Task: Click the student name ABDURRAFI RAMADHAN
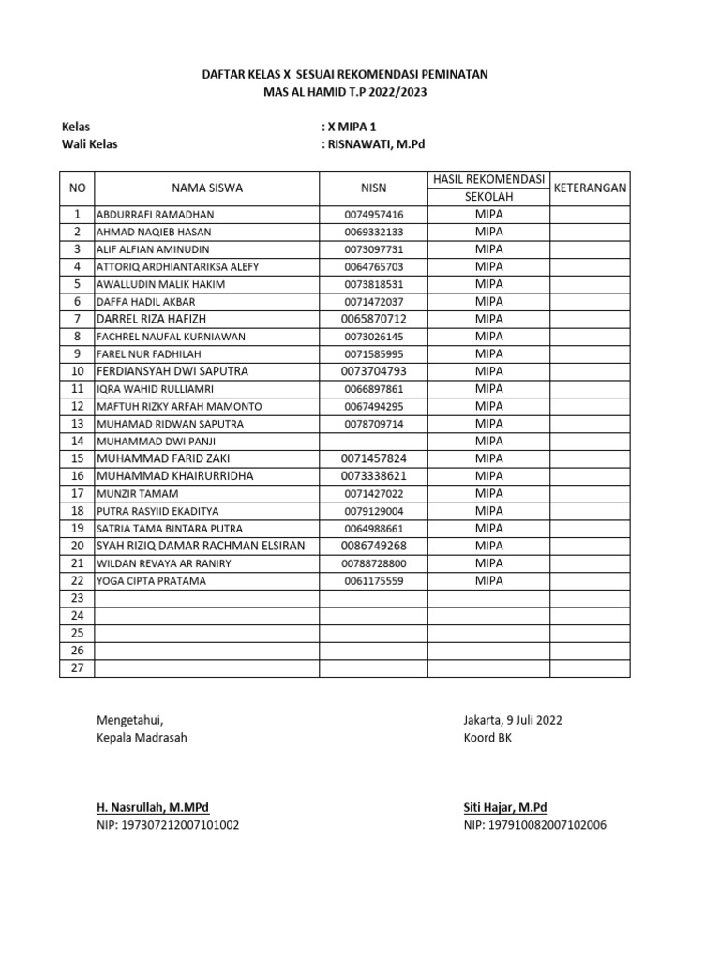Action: coord(155,215)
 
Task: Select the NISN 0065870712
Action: coord(373,320)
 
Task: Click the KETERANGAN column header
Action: coord(591,188)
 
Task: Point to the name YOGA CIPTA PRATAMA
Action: coord(152,581)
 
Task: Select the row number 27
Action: coord(77,668)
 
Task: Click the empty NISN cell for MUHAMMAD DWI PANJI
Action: coord(373,442)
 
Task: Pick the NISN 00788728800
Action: coord(373,563)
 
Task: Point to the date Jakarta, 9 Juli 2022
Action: coord(513,720)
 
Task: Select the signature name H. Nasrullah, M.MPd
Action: coord(153,807)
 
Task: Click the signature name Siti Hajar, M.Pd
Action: coord(505,807)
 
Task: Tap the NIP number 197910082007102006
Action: coord(534,826)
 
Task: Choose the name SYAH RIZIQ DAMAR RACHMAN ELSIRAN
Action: coord(201,546)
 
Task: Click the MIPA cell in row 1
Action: coord(488,215)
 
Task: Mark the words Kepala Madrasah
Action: coord(142,738)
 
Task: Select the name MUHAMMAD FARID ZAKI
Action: coord(163,458)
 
